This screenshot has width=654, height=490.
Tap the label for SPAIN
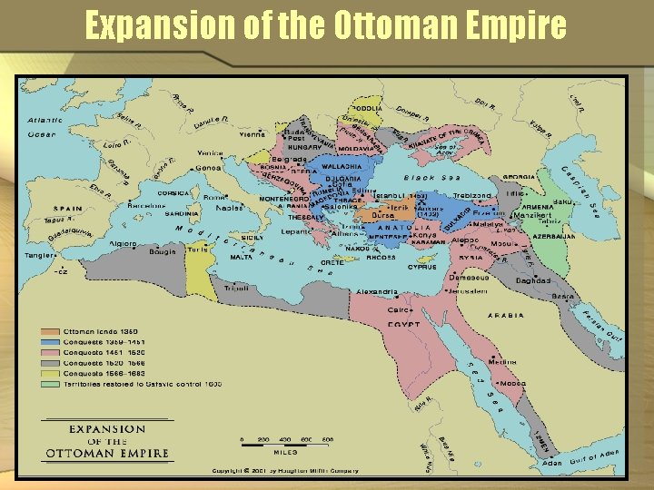point(66,208)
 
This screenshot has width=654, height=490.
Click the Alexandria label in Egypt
point(375,292)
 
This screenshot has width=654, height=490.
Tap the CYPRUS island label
point(422,268)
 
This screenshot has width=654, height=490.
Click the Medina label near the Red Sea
point(501,361)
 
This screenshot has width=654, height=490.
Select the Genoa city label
point(208,167)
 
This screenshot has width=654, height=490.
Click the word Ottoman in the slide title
point(376,25)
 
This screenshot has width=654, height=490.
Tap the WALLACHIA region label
point(341,166)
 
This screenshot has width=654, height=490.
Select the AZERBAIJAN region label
point(554,236)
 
